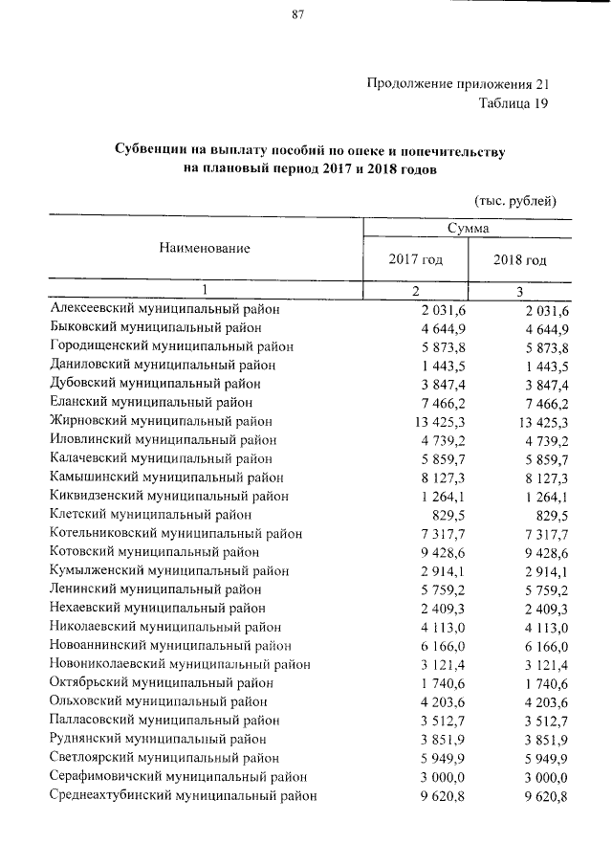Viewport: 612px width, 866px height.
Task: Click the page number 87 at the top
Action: pos(297,14)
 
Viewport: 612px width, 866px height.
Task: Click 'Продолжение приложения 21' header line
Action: pos(459,84)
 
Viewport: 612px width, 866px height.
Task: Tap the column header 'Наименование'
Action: pos(205,248)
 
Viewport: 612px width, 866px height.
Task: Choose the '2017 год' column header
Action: pos(415,260)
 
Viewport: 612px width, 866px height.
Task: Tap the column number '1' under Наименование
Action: pos(205,291)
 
